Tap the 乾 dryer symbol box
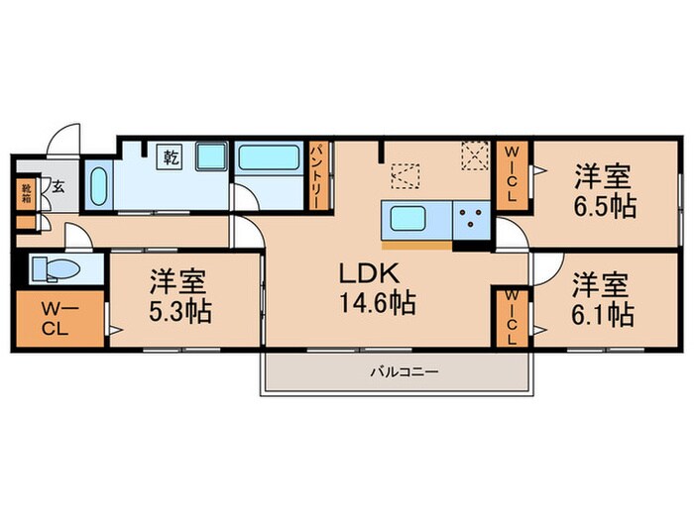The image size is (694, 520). point(170,156)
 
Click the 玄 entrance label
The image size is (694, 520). point(58,185)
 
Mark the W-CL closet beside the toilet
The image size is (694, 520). point(55,317)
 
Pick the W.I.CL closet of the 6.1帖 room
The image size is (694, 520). point(512,318)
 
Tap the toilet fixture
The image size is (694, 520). point(55,269)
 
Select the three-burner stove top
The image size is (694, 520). point(472,218)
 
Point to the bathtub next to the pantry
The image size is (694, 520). point(270,158)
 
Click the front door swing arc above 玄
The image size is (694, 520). point(63,139)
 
